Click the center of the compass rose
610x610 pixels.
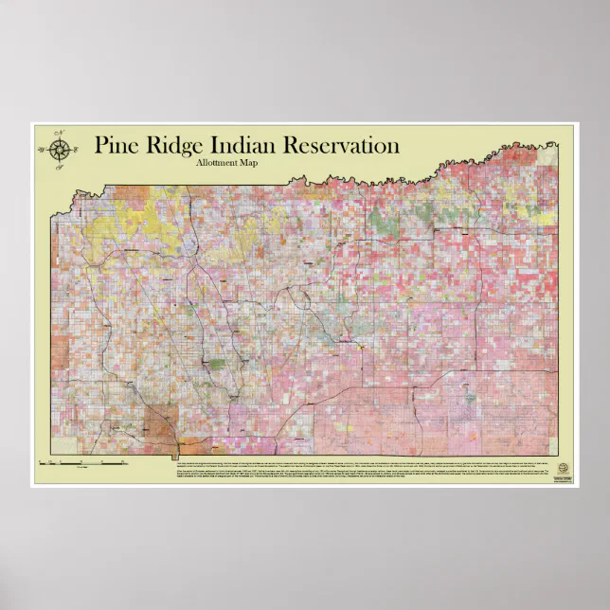[59, 149]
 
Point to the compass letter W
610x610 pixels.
[41, 149]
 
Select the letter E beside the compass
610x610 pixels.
[77, 149]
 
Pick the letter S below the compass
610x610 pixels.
[59, 166]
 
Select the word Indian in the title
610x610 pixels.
[248, 146]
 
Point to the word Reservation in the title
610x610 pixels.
[341, 146]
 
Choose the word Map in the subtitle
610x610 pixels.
[248, 164]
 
